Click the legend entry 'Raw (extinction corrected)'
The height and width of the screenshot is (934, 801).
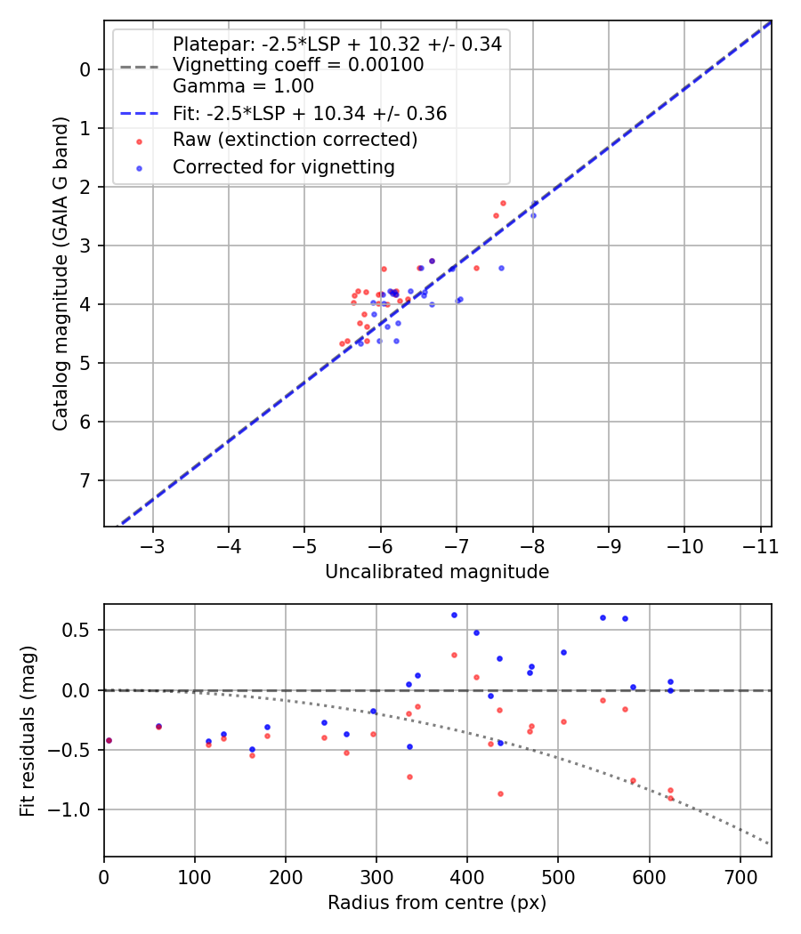(295, 140)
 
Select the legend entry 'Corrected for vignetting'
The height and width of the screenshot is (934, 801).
(284, 166)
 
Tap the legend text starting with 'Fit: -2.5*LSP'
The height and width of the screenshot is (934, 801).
(310, 113)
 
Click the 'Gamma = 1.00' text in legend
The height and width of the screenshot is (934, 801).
(243, 86)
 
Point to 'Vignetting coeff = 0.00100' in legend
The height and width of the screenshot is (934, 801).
(298, 65)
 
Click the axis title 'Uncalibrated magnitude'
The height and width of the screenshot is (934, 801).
(437, 572)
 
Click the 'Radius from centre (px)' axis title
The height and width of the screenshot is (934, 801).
(437, 903)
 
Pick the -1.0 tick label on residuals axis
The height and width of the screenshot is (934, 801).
(74, 809)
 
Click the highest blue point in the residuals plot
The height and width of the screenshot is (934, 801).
(454, 615)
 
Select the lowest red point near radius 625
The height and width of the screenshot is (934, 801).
(670, 798)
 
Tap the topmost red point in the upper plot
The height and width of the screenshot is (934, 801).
(503, 203)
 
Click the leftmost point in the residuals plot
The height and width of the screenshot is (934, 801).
(109, 740)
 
